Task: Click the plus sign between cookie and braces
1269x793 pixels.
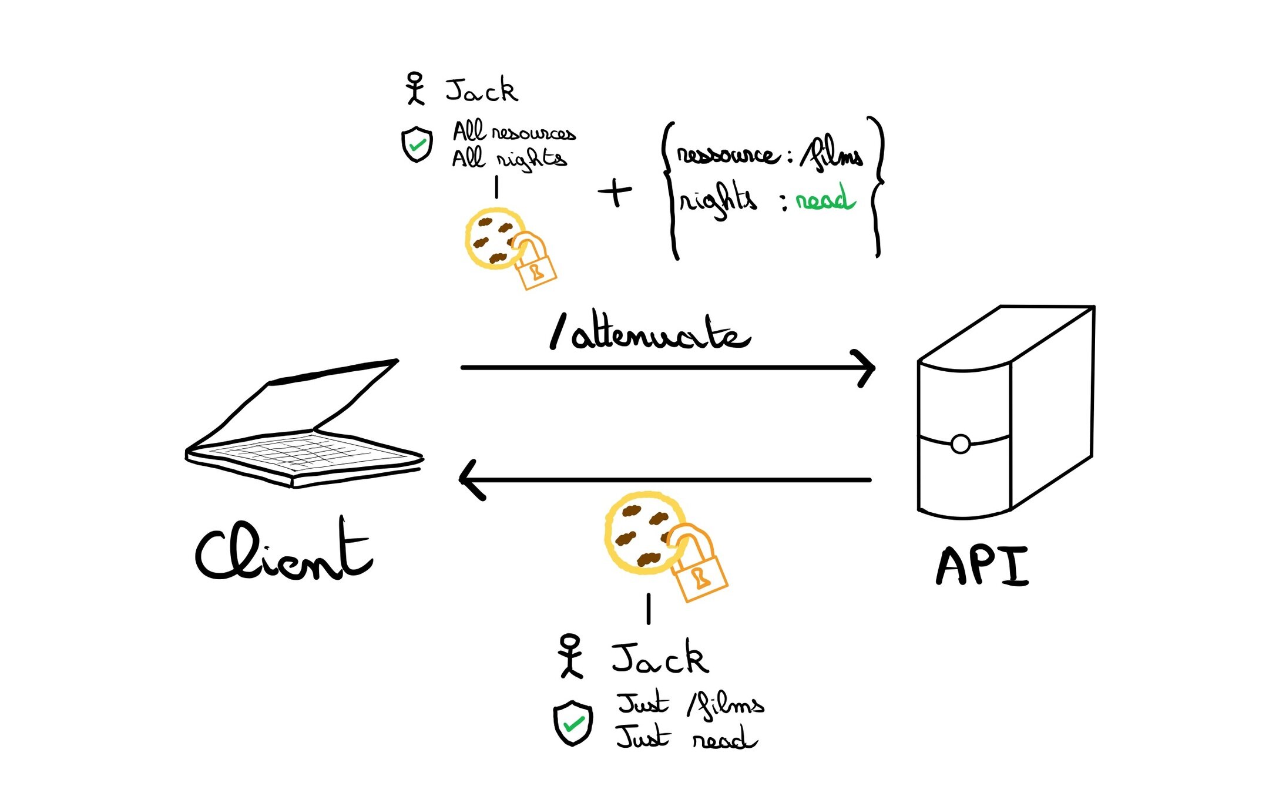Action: [x=615, y=191]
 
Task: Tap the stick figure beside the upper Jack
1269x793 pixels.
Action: [x=415, y=89]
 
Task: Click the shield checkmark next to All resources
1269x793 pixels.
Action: [x=417, y=145]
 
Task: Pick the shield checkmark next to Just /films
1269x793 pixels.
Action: [x=573, y=723]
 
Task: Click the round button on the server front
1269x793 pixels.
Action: [x=960, y=444]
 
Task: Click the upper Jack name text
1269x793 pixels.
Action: [x=481, y=90]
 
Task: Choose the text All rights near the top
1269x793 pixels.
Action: [x=509, y=159]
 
